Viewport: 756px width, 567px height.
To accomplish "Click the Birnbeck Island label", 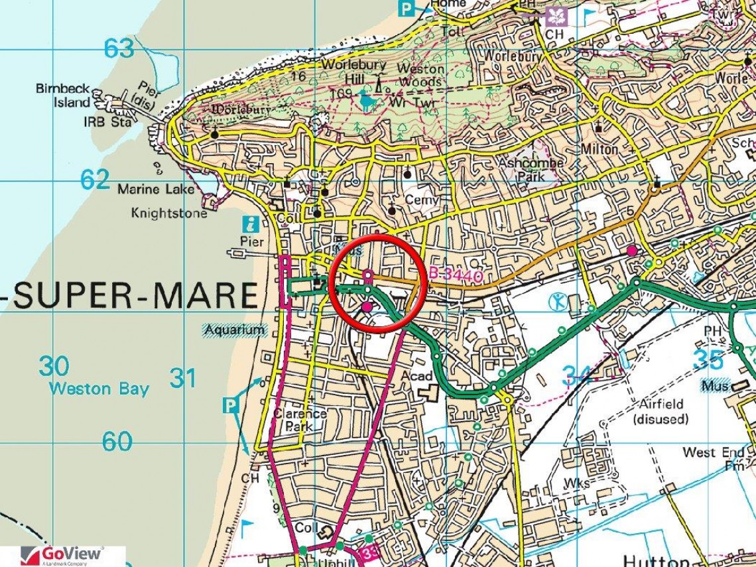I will [x=63, y=95].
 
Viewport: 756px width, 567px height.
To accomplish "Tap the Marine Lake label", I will [x=156, y=190].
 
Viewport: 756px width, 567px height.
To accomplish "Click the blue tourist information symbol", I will [x=251, y=224].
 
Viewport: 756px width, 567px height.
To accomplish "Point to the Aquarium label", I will [x=235, y=330].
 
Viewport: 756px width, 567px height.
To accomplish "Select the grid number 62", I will [x=94, y=179].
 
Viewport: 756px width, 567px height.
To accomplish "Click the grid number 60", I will [x=117, y=441].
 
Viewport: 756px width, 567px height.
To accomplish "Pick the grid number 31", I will [x=182, y=378].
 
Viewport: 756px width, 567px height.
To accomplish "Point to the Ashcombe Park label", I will [x=531, y=170].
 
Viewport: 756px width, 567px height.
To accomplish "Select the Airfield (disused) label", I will [x=660, y=411].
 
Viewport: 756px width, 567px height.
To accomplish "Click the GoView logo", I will [x=63, y=556].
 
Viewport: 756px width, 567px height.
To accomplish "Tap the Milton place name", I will [x=599, y=150].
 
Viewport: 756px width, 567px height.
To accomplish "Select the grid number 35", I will [x=708, y=359].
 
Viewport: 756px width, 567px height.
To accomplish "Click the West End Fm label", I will [x=714, y=458].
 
